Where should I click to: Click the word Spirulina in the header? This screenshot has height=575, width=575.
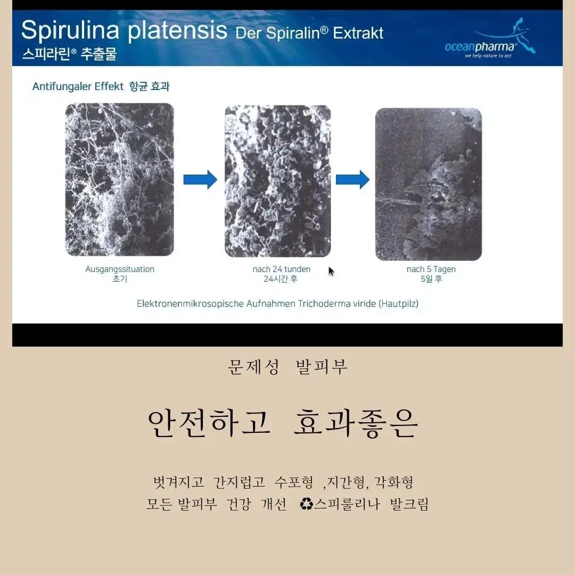click(70, 30)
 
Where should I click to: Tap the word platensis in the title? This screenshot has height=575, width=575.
click(177, 30)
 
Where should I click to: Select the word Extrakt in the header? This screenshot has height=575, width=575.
click(358, 34)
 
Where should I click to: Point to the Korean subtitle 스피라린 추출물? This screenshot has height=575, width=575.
click(69, 54)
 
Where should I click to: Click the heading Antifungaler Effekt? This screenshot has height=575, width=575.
click(78, 86)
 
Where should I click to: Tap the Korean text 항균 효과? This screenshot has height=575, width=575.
click(149, 86)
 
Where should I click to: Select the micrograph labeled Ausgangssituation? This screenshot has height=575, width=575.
click(120, 180)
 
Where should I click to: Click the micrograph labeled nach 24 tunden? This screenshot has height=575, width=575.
click(277, 181)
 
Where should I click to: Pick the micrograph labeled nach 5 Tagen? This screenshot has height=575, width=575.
click(428, 184)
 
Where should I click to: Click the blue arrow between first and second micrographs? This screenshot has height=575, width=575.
click(200, 180)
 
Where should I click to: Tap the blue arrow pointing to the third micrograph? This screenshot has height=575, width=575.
click(353, 180)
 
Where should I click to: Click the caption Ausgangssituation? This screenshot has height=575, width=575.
click(120, 269)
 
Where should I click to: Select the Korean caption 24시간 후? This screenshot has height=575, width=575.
click(281, 279)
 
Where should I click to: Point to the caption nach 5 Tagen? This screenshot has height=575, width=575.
click(431, 269)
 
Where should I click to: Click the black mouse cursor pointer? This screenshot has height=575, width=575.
click(331, 272)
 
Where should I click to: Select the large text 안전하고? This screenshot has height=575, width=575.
click(209, 423)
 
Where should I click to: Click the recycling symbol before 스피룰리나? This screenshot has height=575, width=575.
click(306, 504)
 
